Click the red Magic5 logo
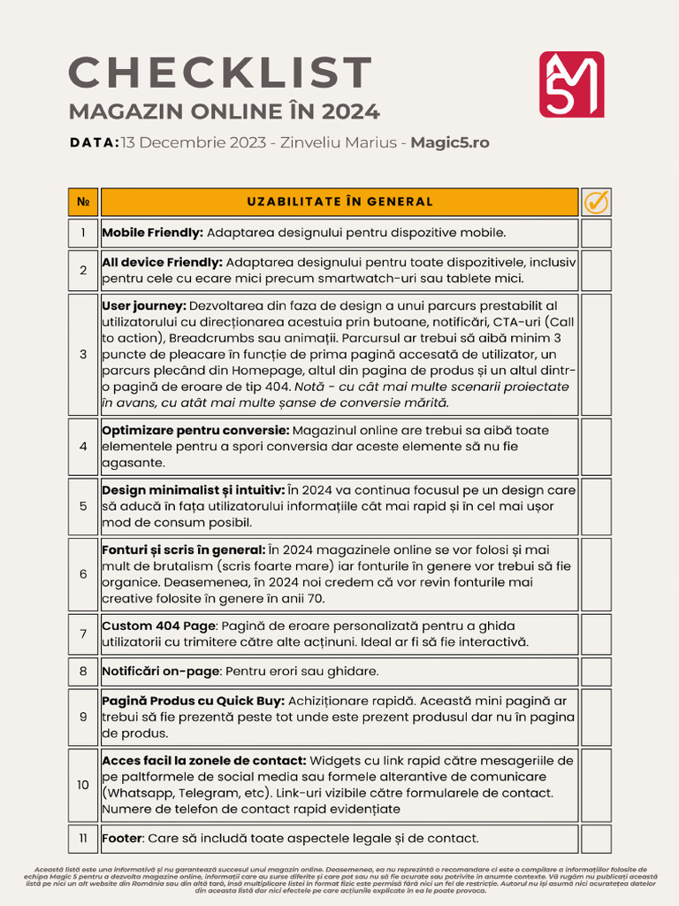click(571, 84)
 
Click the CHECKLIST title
click(221, 73)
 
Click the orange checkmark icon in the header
click(596, 203)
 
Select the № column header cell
click(83, 203)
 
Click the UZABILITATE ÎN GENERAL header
click(339, 203)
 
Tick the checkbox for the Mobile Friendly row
click(596, 234)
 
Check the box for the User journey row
click(596, 354)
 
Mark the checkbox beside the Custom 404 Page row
click(596, 633)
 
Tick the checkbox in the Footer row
click(596, 838)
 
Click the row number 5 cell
click(83, 506)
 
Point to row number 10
click(83, 785)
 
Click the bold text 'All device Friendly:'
click(162, 263)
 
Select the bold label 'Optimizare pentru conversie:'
click(195, 430)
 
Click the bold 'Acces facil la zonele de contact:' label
click(204, 761)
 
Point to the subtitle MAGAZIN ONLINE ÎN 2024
click(225, 112)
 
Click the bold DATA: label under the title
click(94, 142)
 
